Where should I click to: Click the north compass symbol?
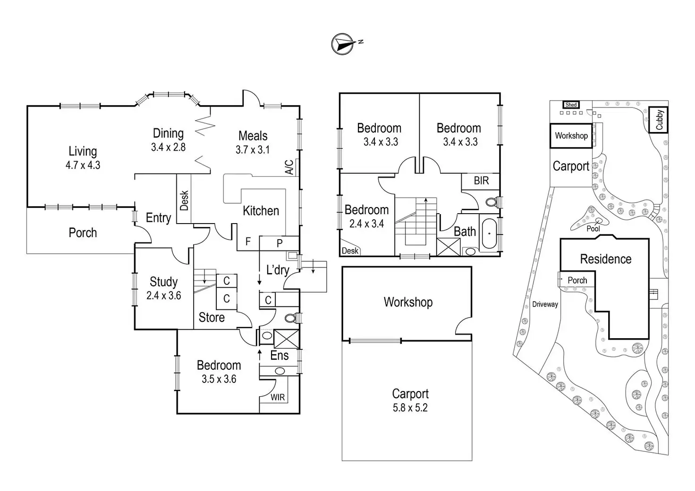(x=343, y=43)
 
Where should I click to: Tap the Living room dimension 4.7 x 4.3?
(x=83, y=165)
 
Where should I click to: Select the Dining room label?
(x=168, y=133)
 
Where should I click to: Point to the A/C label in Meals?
(x=289, y=167)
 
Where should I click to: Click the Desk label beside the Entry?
(x=184, y=200)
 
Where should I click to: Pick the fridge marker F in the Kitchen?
(x=248, y=242)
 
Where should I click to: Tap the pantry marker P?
(x=280, y=243)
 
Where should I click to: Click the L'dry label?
(x=278, y=270)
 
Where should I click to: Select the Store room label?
(x=212, y=317)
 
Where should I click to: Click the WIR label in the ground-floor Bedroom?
(x=278, y=397)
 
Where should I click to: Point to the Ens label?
(x=280, y=355)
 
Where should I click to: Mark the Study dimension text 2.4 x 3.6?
(x=164, y=296)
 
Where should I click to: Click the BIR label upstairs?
(x=481, y=181)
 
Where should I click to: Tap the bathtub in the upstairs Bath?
(x=490, y=233)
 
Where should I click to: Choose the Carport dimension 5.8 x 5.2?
(x=410, y=408)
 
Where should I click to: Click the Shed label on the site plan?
(x=571, y=105)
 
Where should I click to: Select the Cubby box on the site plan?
(x=659, y=120)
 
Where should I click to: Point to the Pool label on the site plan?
(x=593, y=229)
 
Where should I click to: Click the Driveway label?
(x=545, y=304)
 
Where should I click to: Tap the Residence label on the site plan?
(x=606, y=259)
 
